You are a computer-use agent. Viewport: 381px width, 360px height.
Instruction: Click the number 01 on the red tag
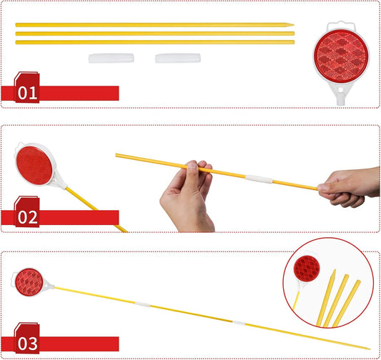coord(27,93)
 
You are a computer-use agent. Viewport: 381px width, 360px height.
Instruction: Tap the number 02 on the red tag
coord(27,217)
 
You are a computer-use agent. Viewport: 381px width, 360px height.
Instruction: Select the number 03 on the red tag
coord(27,344)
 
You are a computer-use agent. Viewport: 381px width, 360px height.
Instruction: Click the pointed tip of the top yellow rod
coord(293,25)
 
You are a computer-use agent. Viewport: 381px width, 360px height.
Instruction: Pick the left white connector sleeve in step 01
coord(111,59)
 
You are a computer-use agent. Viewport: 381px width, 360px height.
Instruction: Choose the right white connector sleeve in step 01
coord(178,59)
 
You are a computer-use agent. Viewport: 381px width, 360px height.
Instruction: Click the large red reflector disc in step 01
coord(341,56)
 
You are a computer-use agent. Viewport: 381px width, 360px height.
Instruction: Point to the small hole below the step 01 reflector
coord(341,90)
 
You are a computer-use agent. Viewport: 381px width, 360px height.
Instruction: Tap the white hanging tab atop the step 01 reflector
coord(341,26)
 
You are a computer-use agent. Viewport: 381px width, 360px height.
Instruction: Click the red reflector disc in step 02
coord(34,166)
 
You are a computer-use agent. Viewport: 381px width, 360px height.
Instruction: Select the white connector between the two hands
coord(259,179)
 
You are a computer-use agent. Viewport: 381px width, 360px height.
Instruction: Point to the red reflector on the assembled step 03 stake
coord(29,282)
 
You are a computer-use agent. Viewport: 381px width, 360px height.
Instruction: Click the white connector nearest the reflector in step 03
coord(143,304)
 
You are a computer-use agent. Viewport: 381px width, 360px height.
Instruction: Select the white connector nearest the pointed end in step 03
coord(239,323)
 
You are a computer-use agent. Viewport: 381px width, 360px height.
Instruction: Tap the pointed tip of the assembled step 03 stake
coord(370,349)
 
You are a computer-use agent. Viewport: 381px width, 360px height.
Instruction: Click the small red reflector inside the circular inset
coord(307,269)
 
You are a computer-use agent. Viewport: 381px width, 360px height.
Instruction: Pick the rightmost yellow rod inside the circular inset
coord(347,304)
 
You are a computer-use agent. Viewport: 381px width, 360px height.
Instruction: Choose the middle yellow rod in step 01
coord(155,34)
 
